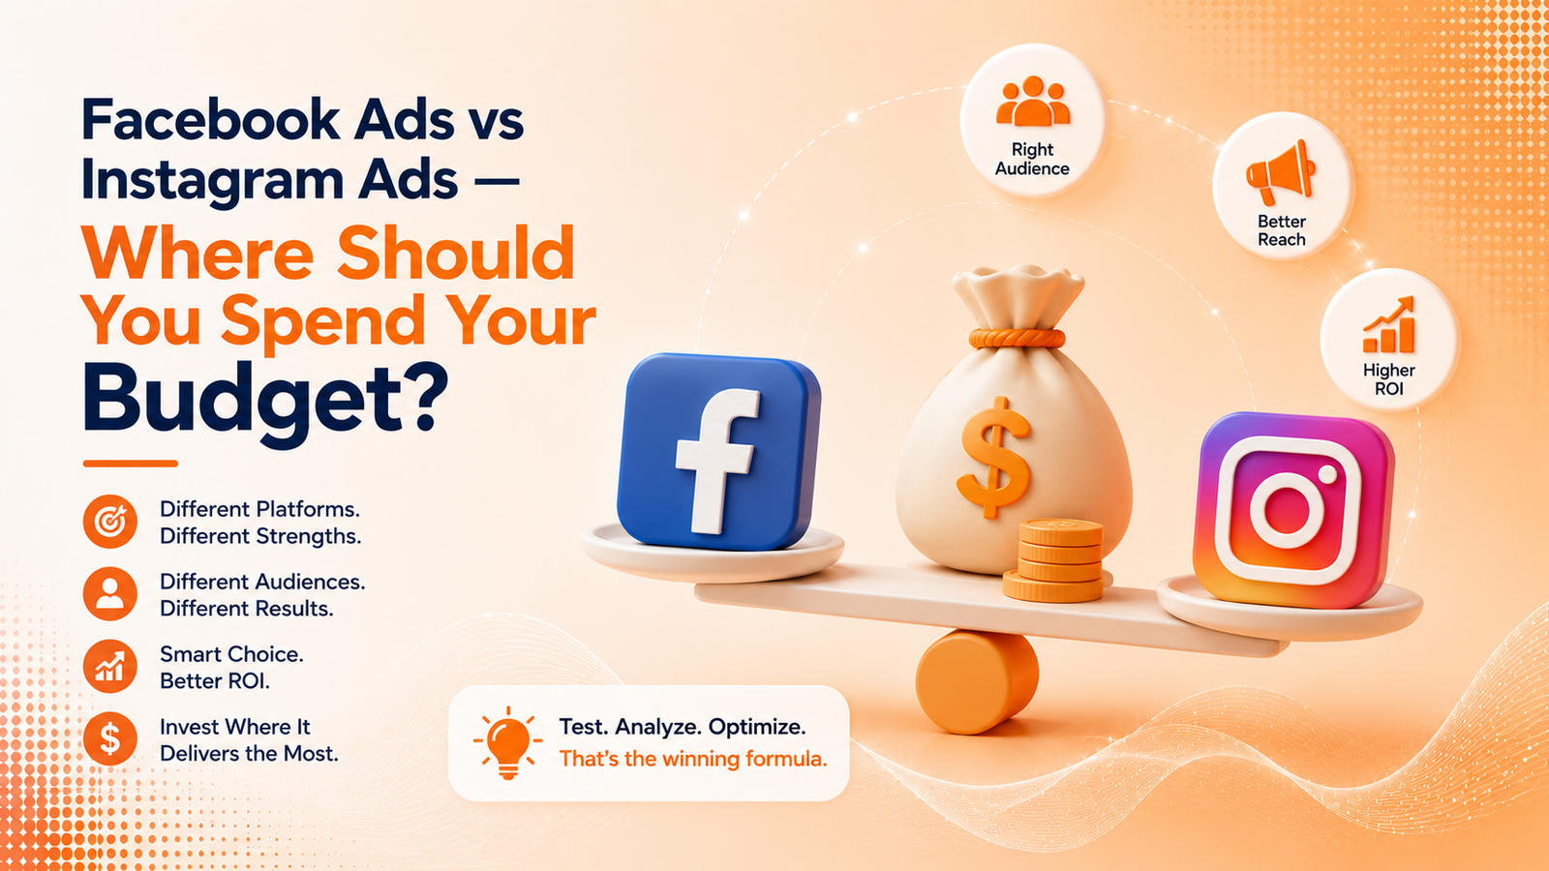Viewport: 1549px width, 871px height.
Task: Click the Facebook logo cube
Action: (x=717, y=452)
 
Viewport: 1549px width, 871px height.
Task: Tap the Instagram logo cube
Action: (x=1291, y=510)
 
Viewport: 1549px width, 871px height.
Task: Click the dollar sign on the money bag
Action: (x=994, y=458)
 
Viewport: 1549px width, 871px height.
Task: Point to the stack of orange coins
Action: (x=1054, y=560)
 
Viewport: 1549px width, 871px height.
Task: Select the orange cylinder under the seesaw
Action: (x=977, y=681)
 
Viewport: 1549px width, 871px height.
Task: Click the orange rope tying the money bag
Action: (x=1017, y=338)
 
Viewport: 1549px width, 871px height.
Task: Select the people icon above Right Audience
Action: (x=1032, y=102)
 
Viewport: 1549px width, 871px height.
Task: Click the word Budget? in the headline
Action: (x=265, y=401)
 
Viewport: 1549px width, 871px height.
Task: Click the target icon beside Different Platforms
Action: (x=110, y=522)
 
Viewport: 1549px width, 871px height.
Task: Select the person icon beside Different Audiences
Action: (x=110, y=594)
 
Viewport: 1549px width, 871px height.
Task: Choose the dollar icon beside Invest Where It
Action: (x=110, y=739)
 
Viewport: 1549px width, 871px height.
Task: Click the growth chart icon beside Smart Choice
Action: (x=110, y=667)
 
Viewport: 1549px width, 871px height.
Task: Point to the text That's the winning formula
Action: (x=693, y=759)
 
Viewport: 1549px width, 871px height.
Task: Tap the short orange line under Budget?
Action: (x=130, y=464)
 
